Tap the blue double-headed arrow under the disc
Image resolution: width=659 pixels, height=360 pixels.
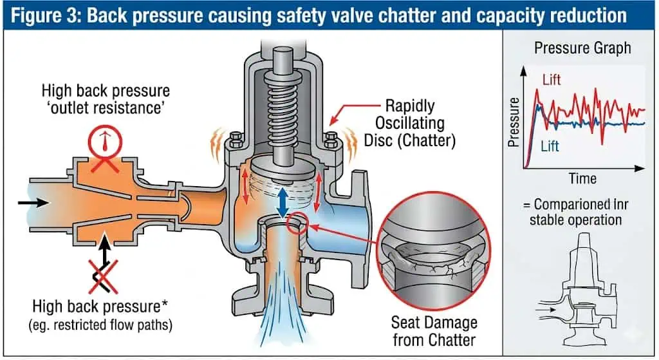[283, 202]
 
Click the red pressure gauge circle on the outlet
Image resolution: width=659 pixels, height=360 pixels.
[105, 141]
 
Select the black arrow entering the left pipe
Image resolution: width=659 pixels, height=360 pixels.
[33, 203]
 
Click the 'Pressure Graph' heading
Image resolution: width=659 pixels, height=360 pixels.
[582, 48]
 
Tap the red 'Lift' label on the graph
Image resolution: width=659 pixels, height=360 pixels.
[552, 79]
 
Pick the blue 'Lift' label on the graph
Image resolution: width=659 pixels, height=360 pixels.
[550, 146]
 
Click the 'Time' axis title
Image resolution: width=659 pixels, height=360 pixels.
[582, 179]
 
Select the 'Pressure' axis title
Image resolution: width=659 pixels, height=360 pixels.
[514, 122]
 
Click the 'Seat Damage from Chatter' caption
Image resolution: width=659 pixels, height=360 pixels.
[434, 331]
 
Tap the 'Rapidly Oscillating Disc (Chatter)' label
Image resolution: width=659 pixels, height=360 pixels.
[410, 123]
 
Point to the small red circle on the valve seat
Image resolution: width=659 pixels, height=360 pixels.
[297, 223]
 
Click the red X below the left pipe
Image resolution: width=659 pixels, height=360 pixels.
[103, 276]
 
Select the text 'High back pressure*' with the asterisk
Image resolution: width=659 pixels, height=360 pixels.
[100, 307]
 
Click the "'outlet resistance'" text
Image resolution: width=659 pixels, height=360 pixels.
[106, 108]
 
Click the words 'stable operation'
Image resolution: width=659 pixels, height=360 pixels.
[575, 220]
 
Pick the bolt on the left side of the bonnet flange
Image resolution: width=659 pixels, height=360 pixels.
[236, 141]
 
